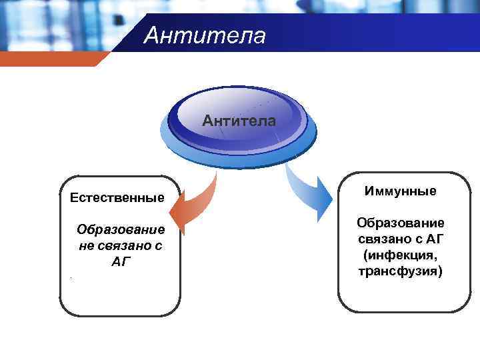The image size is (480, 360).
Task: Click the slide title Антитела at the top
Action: coord(204,35)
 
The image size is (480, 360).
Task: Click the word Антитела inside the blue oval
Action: coord(239,121)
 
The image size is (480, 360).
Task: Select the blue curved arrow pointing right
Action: coord(307,190)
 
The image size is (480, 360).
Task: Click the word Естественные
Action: coord(117,197)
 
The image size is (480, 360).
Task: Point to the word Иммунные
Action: coord(400,191)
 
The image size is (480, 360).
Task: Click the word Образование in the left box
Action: coord(120,230)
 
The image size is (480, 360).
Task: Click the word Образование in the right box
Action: coord(400,222)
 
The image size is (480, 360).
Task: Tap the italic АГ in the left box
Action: coord(120,262)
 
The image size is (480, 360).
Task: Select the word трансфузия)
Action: coord(400,271)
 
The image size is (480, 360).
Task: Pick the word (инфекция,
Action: coord(400,255)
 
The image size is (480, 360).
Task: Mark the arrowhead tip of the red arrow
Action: coord(171,214)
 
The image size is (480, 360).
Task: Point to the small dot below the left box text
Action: coord(69,279)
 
